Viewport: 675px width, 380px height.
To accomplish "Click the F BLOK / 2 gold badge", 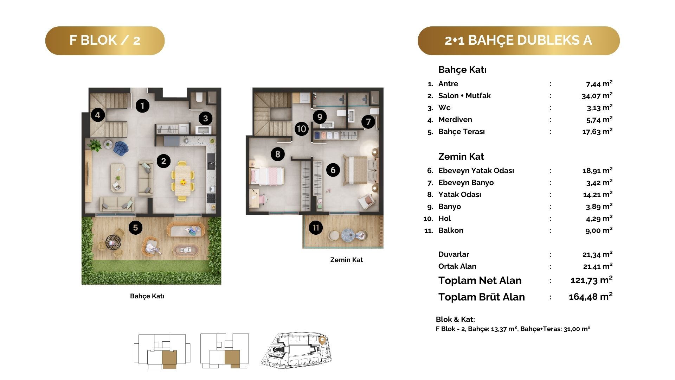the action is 105,40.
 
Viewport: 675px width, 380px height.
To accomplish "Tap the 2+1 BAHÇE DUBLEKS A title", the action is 519,40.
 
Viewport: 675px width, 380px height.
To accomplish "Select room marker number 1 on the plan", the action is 142,106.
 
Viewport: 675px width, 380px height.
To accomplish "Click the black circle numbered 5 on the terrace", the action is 135,228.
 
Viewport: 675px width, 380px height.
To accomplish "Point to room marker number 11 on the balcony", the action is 316,228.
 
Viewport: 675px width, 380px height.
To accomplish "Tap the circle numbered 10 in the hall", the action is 302,129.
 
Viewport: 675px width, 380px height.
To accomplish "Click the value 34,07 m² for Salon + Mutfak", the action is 597,96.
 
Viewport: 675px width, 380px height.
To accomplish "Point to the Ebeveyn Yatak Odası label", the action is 476,171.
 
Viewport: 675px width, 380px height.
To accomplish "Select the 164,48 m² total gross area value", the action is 591,297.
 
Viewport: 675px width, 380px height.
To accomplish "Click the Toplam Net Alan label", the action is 480,280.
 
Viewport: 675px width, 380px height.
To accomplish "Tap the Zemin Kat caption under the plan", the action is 346,260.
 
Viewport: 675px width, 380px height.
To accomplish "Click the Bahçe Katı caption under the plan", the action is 147,296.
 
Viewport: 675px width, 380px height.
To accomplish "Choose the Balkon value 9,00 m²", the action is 599,230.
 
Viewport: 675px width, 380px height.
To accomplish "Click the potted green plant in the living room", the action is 95,145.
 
